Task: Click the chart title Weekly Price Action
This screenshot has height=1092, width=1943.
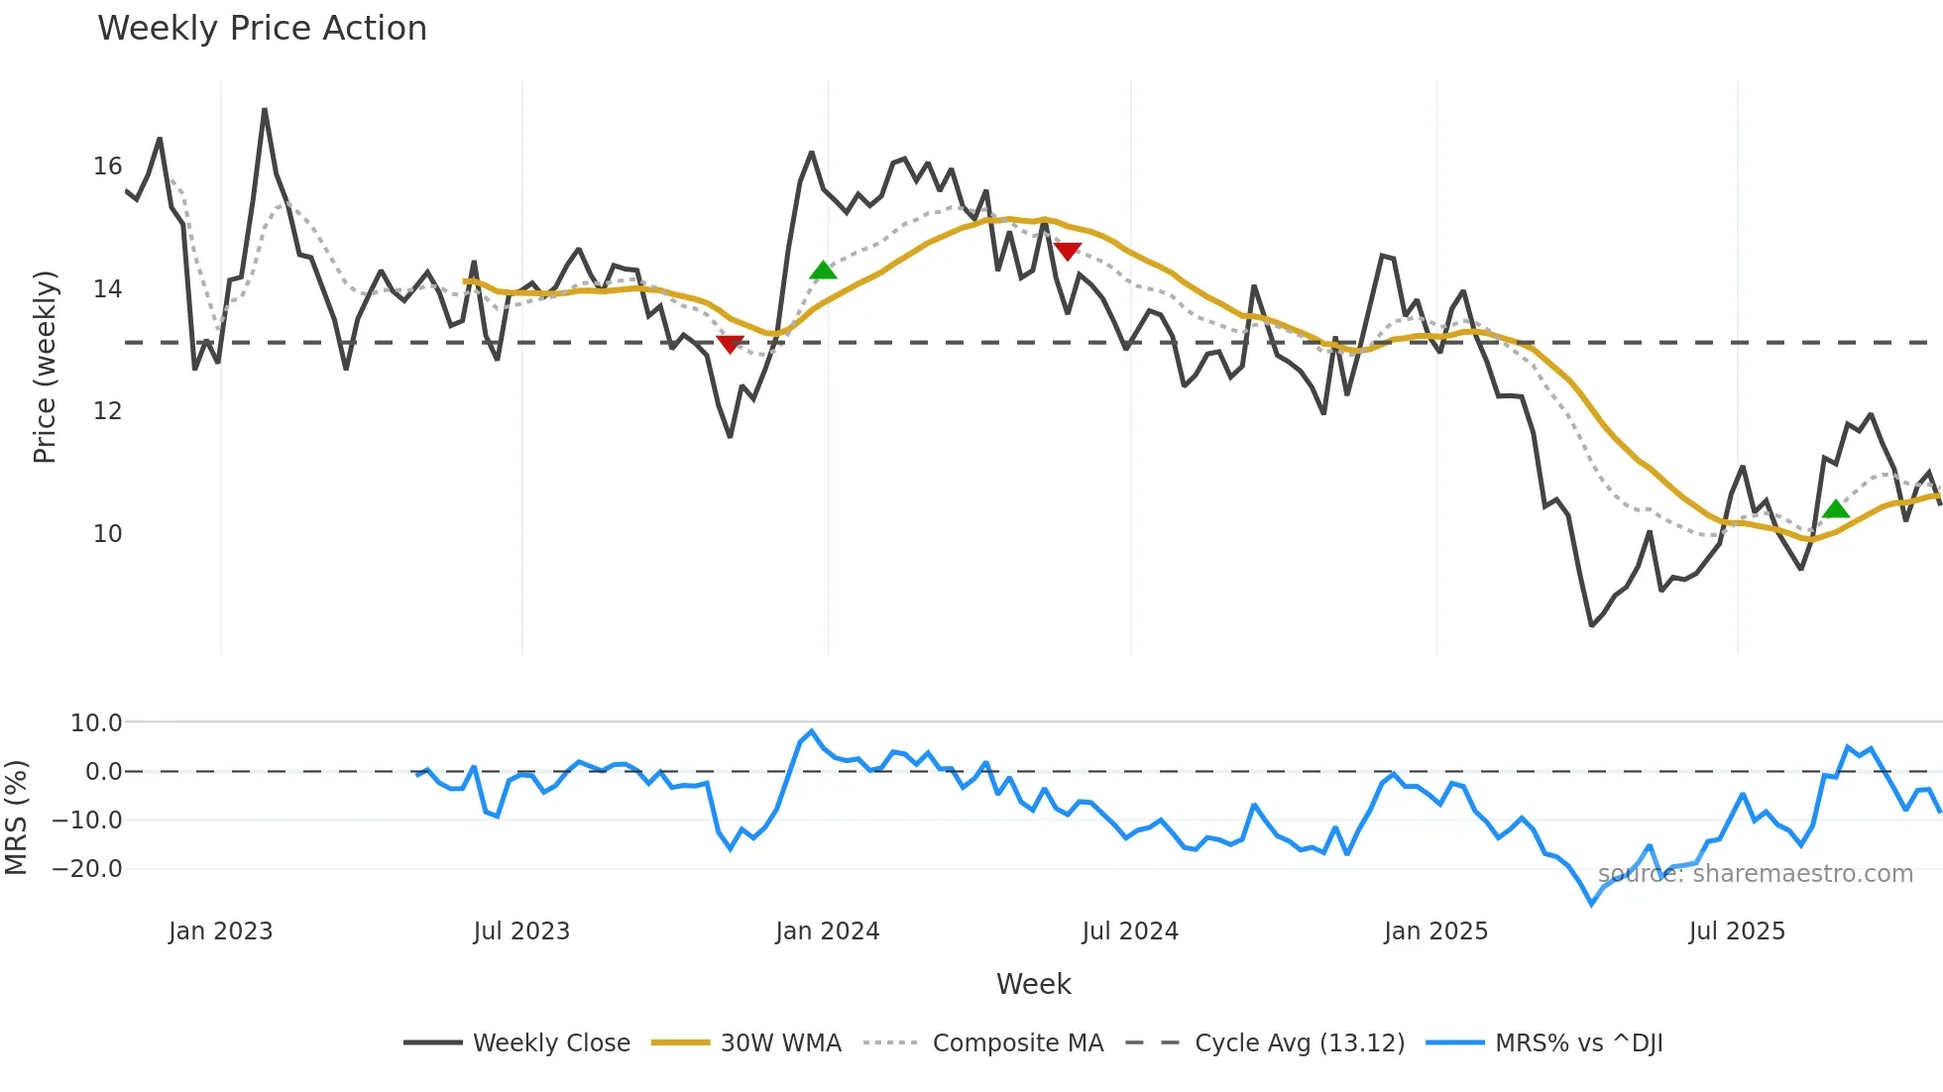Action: point(262,28)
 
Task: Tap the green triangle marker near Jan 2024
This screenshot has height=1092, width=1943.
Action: point(823,271)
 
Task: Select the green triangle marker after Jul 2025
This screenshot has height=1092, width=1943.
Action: point(1836,509)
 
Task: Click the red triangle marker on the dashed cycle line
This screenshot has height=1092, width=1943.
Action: point(730,344)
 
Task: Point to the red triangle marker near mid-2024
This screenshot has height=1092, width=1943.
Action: point(1068,252)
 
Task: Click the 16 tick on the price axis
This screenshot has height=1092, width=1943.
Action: point(107,166)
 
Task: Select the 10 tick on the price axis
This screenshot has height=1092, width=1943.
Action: point(107,534)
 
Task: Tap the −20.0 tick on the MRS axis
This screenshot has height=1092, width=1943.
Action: point(87,869)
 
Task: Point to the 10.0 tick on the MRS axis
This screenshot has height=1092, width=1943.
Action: point(96,723)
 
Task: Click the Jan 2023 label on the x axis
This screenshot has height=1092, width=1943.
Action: point(220,931)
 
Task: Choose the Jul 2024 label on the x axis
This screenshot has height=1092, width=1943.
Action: point(1130,931)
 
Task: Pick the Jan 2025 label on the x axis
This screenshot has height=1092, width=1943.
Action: point(1435,931)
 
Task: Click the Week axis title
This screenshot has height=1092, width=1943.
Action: point(1033,984)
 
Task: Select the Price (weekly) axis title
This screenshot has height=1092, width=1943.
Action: point(46,367)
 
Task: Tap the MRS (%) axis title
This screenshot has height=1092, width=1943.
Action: point(17,818)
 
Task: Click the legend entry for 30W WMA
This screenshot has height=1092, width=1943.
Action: point(780,1043)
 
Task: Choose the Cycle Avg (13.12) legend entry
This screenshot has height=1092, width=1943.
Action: point(1299,1043)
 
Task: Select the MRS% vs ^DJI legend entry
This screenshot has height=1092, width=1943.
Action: point(1578,1043)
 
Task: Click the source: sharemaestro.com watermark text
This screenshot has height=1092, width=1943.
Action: point(1755,874)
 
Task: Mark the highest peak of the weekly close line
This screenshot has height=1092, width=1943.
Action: point(265,110)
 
